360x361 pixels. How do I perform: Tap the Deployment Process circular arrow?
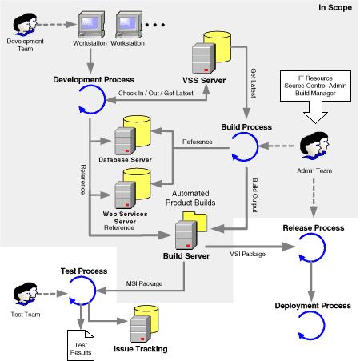click(311, 327)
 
